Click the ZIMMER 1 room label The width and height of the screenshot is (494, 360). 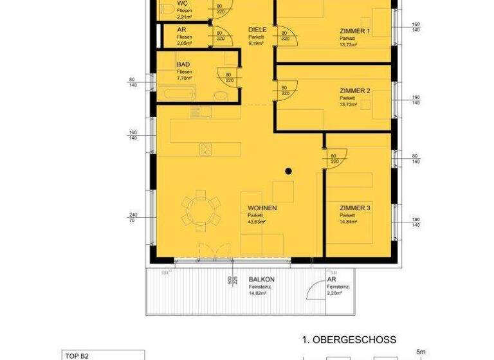[x=355, y=31]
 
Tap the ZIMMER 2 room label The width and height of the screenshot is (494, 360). [x=355, y=91]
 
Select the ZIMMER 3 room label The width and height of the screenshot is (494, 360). [x=355, y=208]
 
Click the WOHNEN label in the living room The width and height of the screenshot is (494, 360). [x=262, y=208]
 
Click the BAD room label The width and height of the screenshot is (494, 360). [x=183, y=64]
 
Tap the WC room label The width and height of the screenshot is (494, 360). [x=183, y=3]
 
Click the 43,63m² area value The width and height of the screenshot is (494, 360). [x=257, y=221]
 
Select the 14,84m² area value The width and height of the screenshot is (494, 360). [x=349, y=221]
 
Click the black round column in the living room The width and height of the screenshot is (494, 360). [x=289, y=171]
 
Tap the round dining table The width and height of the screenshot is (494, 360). [x=199, y=208]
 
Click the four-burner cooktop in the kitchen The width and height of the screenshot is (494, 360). [x=206, y=149]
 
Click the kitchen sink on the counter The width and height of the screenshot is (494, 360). [x=201, y=113]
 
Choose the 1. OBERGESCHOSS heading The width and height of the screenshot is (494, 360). [x=349, y=339]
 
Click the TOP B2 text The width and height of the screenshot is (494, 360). [x=76, y=354]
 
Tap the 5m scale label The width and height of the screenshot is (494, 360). [x=421, y=352]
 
